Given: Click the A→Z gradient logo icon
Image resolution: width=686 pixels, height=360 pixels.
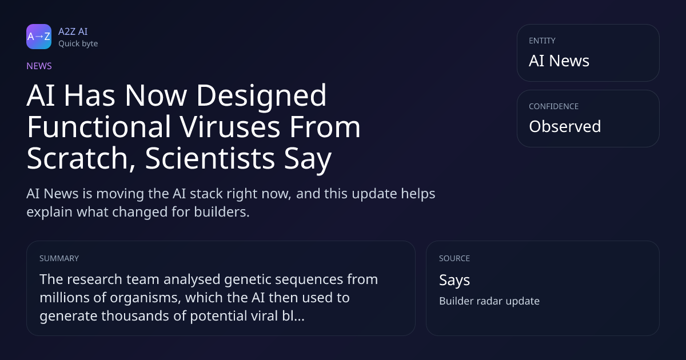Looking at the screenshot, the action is (39, 37).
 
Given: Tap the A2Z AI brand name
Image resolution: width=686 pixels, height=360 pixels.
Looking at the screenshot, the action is (73, 31).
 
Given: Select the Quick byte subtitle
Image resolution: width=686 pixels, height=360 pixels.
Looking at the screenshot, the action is (78, 44).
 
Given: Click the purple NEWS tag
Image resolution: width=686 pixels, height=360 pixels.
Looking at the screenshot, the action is (39, 66).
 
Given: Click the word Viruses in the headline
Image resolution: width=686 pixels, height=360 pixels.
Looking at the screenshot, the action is (230, 127).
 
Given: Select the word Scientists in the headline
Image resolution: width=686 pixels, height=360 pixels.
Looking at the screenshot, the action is (210, 158).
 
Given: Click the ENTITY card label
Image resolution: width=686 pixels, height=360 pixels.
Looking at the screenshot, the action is (542, 41).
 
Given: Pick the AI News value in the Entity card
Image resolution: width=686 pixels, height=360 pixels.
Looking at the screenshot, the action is (559, 61).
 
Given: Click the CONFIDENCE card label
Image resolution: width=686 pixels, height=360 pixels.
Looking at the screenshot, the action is (553, 106).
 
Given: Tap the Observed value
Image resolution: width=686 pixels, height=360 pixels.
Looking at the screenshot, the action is (565, 126).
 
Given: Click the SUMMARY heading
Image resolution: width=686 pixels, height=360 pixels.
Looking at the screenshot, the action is (59, 258).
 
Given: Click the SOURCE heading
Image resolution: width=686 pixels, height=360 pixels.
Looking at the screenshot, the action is (454, 258).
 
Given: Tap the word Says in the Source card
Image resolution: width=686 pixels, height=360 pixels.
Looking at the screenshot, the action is (454, 281).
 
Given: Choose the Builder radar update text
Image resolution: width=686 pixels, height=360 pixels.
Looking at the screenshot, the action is (489, 301).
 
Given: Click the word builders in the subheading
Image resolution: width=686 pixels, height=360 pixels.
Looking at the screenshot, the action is (222, 212).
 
